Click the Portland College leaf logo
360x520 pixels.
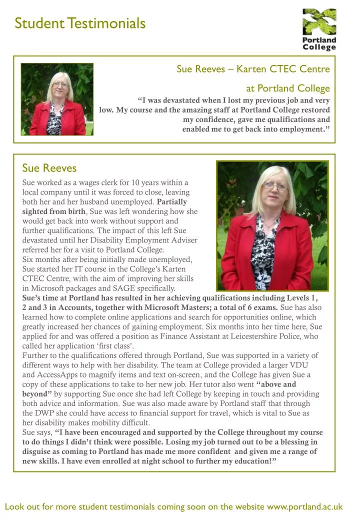click(319, 22)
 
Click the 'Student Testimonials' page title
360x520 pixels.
click(80, 23)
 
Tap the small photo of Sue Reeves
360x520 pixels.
click(56, 99)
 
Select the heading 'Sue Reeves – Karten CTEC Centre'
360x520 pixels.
click(253, 69)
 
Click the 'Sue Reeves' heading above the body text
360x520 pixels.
click(49, 167)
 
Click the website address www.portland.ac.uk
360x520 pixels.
click(304, 507)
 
